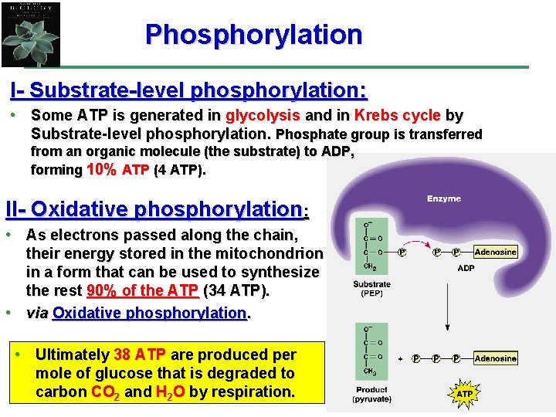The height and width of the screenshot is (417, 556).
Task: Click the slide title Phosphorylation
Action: coord(253,35)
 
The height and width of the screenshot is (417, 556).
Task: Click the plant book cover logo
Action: coord(31,35)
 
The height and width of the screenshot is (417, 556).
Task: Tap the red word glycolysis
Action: coord(263,116)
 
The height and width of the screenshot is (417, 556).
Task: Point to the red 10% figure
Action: coord(103,170)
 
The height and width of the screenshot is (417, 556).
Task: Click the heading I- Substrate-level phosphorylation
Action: coord(188,90)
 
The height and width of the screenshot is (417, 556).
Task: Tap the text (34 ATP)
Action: coord(237,291)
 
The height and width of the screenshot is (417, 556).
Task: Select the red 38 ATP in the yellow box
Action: coord(140,355)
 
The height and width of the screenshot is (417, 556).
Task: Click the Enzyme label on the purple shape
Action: coord(444,199)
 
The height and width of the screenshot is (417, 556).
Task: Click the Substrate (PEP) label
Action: coord(372,289)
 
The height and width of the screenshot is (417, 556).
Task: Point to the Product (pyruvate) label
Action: coord(371,395)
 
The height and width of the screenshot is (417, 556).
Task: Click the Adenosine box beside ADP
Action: coord(495,252)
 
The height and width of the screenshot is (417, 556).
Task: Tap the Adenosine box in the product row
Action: coord(495,358)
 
